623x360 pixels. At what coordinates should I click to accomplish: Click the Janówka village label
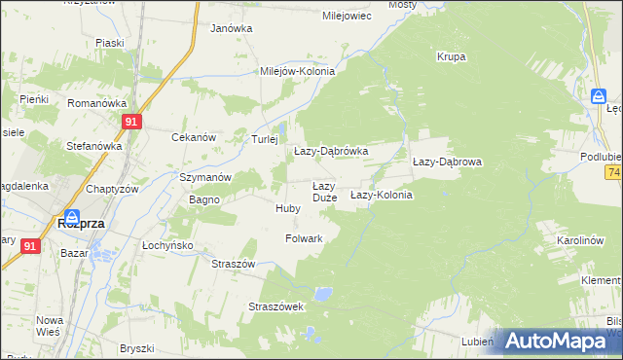232,28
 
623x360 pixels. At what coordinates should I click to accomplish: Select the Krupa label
451,56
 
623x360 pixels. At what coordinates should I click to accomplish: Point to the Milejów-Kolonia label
297,71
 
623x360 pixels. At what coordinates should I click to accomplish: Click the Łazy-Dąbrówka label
331,152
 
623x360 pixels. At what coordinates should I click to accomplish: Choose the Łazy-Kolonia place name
382,195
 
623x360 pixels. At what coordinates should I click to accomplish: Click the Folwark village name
305,237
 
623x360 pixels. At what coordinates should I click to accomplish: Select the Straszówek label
277,306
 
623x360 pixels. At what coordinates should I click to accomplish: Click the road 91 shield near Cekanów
133,121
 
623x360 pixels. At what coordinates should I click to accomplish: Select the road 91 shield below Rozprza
30,247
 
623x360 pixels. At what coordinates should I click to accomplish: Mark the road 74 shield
614,172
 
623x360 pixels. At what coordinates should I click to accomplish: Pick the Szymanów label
204,177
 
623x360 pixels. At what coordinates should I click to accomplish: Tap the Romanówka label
97,102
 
